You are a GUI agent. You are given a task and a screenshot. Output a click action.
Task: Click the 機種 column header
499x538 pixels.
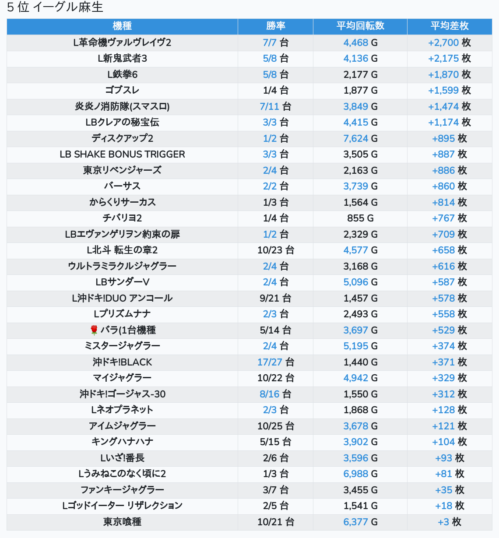pos(122,26)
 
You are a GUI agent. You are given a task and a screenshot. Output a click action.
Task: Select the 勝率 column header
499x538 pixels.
pos(275,26)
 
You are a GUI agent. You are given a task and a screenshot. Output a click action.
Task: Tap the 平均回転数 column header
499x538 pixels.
pos(360,26)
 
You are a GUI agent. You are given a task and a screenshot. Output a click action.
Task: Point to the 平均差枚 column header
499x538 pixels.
pos(450,26)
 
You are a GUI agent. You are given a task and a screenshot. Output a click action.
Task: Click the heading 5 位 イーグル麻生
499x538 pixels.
pos(55,7)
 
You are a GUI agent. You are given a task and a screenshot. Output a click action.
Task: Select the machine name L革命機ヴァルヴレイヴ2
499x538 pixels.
pos(122,42)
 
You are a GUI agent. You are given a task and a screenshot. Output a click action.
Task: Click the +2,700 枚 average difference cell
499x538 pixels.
pos(450,42)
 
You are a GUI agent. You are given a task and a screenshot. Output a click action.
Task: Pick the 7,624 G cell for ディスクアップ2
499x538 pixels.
pos(360,138)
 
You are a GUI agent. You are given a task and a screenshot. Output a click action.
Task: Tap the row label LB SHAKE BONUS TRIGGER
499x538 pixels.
pos(122,154)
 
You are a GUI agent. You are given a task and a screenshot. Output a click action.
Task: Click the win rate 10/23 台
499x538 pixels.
pos(275,250)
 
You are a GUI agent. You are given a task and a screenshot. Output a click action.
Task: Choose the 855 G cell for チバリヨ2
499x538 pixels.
pos(360,218)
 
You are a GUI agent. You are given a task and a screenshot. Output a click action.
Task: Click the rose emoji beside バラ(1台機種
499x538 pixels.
pos(94,330)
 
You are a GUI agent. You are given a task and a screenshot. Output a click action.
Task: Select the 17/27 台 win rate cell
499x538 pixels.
pos(275,362)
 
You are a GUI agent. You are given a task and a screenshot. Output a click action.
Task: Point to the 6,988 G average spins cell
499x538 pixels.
pos(360,474)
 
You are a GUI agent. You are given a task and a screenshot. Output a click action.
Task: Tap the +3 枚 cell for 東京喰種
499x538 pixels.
pos(450,522)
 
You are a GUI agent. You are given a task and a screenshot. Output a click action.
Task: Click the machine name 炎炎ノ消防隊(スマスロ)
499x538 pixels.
pos(122,106)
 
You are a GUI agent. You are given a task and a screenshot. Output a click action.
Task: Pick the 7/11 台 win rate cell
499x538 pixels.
pos(275,106)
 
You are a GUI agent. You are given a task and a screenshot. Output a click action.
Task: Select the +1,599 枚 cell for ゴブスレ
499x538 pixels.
pos(450,90)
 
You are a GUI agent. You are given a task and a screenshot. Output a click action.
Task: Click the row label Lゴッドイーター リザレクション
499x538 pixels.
pos(122,506)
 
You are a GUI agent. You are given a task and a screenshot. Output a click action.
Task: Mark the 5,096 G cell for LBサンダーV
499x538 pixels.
pos(360,282)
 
